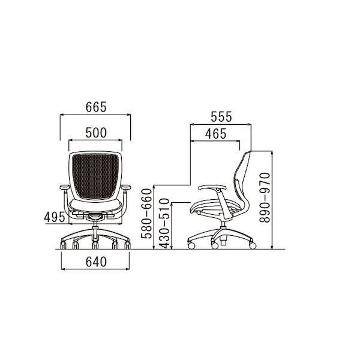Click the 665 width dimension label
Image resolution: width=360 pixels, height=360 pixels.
[96, 107]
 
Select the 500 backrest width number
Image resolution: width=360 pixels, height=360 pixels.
[96, 133]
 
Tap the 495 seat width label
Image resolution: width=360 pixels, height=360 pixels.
[55, 217]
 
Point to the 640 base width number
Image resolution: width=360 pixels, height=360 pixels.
[96, 262]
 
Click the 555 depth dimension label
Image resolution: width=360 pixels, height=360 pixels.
[221, 116]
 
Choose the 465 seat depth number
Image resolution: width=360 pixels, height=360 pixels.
[216, 134]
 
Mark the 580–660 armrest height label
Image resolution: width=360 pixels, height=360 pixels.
[147, 214]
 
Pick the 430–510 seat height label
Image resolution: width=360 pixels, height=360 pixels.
[164, 224]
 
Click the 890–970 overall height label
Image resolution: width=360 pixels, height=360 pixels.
[265, 197]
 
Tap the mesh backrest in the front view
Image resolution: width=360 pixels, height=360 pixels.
[95, 176]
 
